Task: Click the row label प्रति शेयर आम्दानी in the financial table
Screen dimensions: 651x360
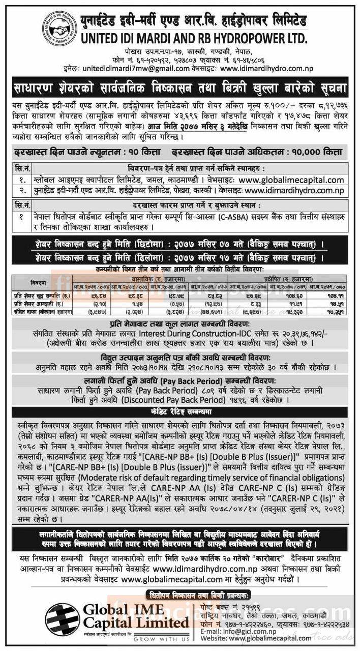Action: [x=42, y=302]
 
